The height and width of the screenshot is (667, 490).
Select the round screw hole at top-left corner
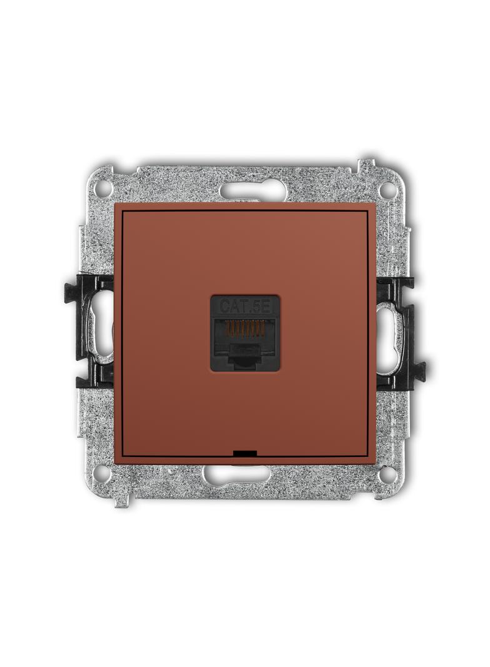[x=104, y=188]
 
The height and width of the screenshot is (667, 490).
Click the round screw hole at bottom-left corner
[x=104, y=472]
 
